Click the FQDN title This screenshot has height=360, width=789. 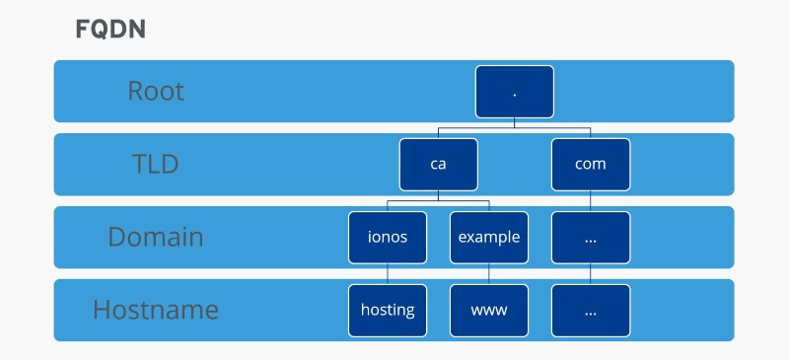click(x=110, y=30)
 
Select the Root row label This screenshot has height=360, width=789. click(x=156, y=92)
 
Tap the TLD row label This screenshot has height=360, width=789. click(x=156, y=164)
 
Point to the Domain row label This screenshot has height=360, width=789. click(x=156, y=237)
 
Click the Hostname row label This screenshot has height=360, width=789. click(x=156, y=310)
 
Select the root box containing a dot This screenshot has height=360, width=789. click(x=515, y=92)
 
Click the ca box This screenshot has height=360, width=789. click(x=439, y=164)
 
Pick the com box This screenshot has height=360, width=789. click(x=590, y=164)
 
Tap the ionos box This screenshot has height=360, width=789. click(x=388, y=237)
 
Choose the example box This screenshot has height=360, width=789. click(x=489, y=237)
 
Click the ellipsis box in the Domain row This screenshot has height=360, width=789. click(x=590, y=237)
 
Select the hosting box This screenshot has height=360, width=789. click(x=388, y=310)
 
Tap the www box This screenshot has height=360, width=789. click(x=489, y=310)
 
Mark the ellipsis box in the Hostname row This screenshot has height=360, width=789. click(x=590, y=310)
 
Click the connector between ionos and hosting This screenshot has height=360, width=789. click(x=388, y=273)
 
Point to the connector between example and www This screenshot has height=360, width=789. click(x=489, y=273)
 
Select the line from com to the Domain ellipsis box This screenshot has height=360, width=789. click(x=590, y=200)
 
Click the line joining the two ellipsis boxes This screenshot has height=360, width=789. click(x=590, y=273)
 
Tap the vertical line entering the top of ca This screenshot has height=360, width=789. click(x=439, y=133)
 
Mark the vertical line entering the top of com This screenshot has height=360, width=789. click(x=590, y=133)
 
